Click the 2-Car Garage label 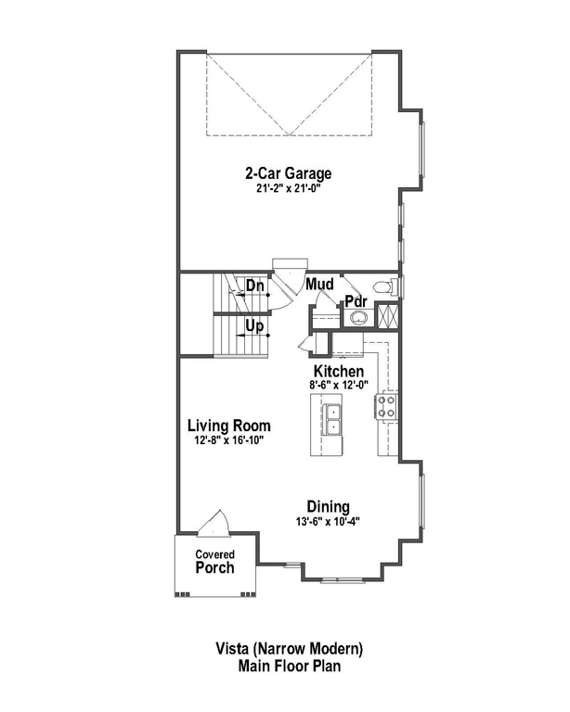(288, 172)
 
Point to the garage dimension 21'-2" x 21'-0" (288, 187)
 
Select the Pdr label (355, 301)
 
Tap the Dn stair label (255, 286)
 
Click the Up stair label (255, 326)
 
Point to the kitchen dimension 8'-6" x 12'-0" (338, 385)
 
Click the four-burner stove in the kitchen (386, 405)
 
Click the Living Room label (228, 426)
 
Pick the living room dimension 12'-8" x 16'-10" (228, 441)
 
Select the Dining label (329, 506)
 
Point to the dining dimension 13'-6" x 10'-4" (329, 521)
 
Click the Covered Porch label (214, 562)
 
